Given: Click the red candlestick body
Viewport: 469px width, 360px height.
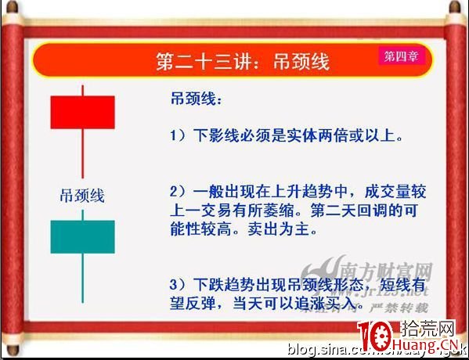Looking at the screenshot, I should pyautogui.click(x=82, y=112).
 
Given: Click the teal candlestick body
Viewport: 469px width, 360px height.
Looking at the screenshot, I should pyautogui.click(x=82, y=236).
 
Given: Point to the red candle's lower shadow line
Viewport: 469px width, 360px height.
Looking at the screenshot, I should pyautogui.click(x=82, y=153).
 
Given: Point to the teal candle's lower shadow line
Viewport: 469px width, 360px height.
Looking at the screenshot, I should pyautogui.click(x=82, y=278).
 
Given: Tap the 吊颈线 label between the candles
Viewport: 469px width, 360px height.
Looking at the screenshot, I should pyautogui.click(x=82, y=195).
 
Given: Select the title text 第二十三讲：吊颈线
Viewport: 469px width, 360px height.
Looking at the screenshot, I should pyautogui.click(x=243, y=61).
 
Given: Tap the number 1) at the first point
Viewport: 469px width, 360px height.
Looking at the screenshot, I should pyautogui.click(x=179, y=135).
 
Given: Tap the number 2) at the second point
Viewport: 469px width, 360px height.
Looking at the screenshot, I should pyautogui.click(x=179, y=192).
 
